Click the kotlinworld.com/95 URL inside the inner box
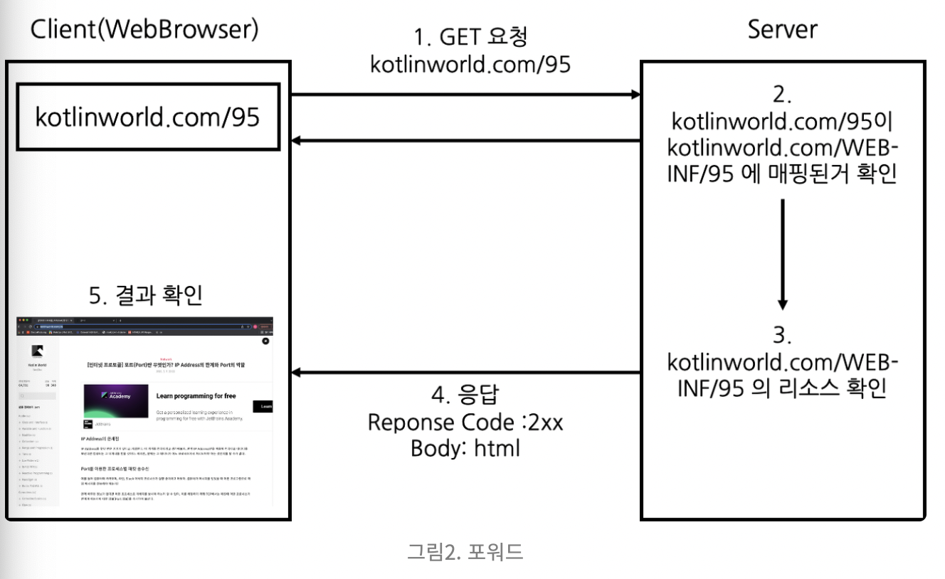click(148, 117)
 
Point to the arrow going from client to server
click(466, 94)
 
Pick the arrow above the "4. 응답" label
click(466, 372)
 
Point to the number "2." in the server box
click(782, 95)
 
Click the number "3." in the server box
click(782, 334)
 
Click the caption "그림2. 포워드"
click(465, 551)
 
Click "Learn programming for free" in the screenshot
click(196, 395)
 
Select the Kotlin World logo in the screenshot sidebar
click(36, 351)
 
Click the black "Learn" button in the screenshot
click(263, 406)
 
